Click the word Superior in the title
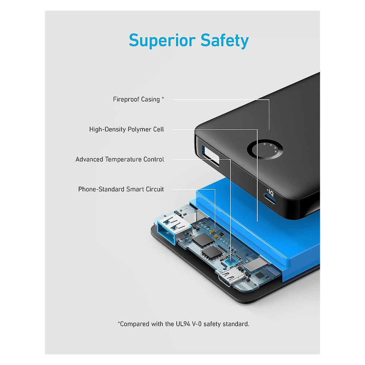(x=162, y=41)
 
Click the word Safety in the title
(x=224, y=41)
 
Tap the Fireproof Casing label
(x=138, y=99)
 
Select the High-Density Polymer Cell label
(x=127, y=130)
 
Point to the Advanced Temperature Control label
(x=120, y=160)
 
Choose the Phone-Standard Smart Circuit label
(x=121, y=189)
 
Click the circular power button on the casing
(x=265, y=150)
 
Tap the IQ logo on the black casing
(x=270, y=193)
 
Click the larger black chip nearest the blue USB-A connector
(x=203, y=240)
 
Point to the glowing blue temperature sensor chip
(x=231, y=261)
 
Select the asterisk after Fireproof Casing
(x=163, y=98)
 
